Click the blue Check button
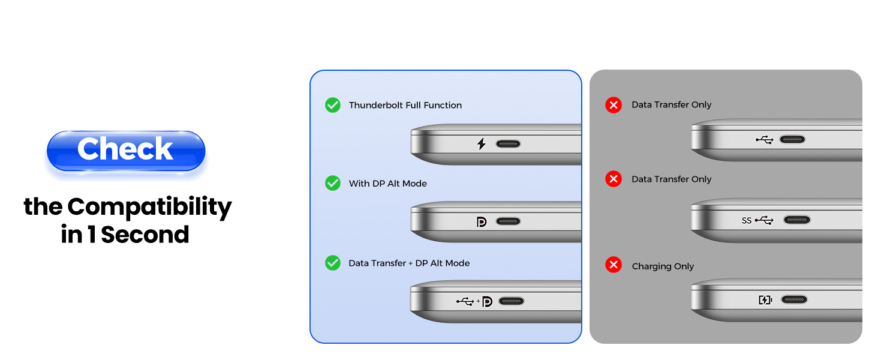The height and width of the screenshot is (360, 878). point(126,150)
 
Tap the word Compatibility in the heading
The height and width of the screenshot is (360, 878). point(149,208)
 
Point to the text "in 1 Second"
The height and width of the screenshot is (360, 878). point(125,235)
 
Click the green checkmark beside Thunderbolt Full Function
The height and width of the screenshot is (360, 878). point(333,105)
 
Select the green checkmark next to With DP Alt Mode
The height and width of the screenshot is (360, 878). point(333,183)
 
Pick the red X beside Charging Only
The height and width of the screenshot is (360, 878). point(614,265)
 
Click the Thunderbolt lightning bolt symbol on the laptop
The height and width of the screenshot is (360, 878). point(481,144)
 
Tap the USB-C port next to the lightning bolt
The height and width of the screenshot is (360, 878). point(508,144)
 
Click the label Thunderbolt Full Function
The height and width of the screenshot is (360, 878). point(405,105)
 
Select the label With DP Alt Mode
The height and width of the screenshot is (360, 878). point(388,184)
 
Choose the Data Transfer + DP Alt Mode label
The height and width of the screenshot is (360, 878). point(409,263)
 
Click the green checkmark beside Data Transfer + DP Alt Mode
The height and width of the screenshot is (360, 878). point(333,263)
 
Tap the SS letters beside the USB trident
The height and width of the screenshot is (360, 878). point(747,220)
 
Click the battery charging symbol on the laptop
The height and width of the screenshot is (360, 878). point(765,299)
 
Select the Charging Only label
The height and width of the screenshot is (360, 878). point(663,266)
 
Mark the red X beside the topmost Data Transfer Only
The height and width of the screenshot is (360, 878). point(614,106)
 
